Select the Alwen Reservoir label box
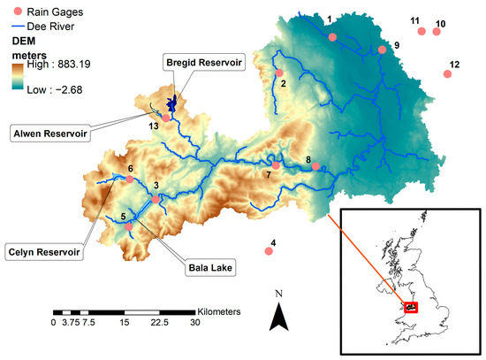click(46, 133)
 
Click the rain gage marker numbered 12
click(448, 74)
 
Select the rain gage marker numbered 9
click(383, 50)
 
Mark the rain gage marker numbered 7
click(276, 165)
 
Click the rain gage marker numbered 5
click(129, 226)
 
